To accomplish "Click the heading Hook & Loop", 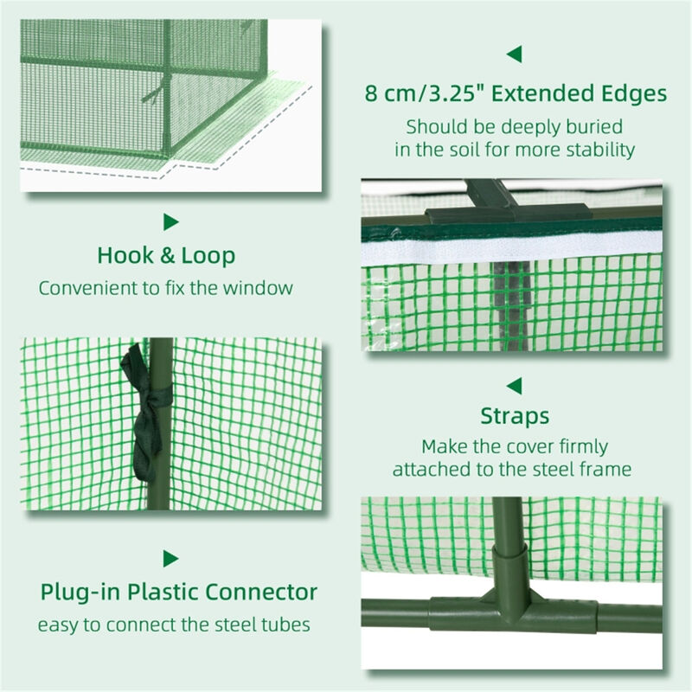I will point(166,257).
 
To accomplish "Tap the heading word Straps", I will point(515,416).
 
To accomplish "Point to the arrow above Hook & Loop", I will point(170,222).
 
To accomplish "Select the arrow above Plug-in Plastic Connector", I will point(170,558).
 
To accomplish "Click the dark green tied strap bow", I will point(147,407).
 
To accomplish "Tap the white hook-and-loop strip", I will point(510,252).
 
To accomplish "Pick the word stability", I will point(601,150).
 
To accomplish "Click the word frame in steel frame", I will point(611,470).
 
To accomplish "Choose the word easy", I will point(56,625).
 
